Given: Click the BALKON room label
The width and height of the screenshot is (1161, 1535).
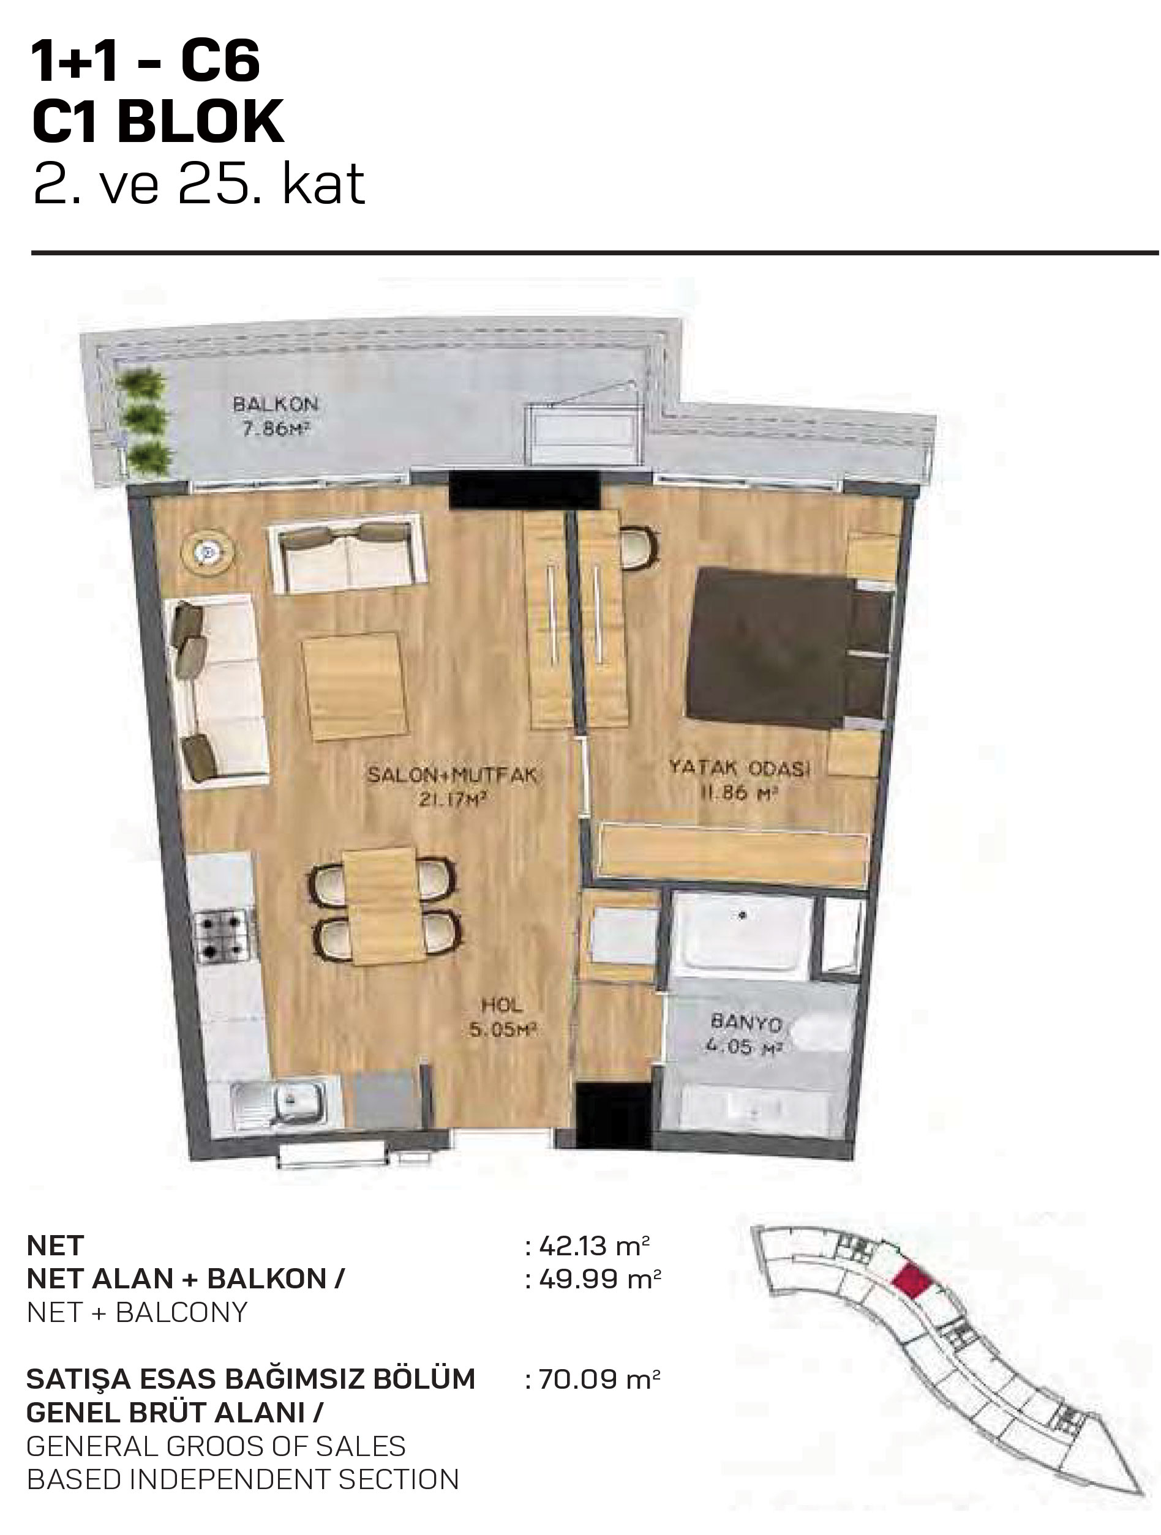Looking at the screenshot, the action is (x=276, y=403).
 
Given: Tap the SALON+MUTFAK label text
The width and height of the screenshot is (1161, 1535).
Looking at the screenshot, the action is (x=452, y=774).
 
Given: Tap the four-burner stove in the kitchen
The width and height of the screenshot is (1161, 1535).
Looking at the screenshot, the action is (x=222, y=936).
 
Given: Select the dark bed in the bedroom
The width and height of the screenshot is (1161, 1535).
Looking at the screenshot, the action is (x=789, y=648).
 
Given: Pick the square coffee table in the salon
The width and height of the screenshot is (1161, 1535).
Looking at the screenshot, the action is (x=354, y=686).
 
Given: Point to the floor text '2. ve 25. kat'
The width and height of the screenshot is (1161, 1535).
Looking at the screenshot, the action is (x=199, y=185).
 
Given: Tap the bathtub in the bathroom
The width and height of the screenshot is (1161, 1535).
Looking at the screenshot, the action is (x=742, y=932).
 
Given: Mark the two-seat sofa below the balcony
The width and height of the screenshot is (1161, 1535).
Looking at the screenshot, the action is (x=348, y=553).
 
